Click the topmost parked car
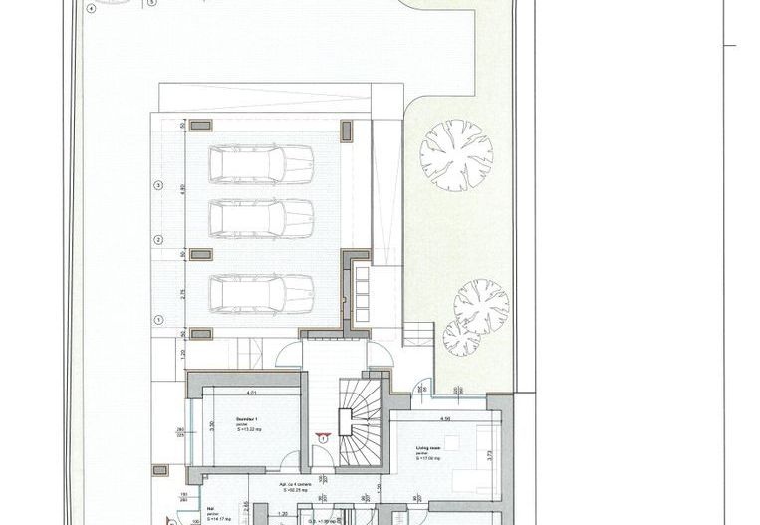click(x=261, y=161)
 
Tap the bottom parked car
click(x=261, y=293)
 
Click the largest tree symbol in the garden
click(x=456, y=155)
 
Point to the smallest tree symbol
click(x=459, y=332)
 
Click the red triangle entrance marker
click(x=324, y=436)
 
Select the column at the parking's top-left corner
click(x=200, y=125)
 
